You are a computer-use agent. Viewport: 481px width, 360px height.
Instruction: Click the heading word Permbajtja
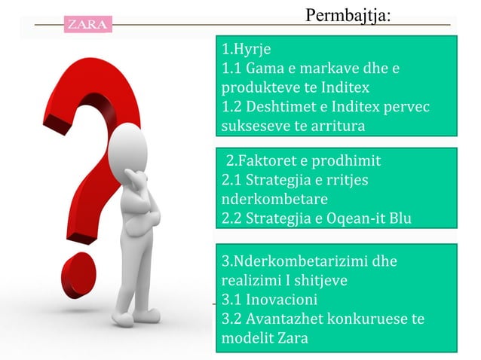(x=348, y=14)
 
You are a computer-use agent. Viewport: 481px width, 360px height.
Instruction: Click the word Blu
(x=398, y=218)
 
